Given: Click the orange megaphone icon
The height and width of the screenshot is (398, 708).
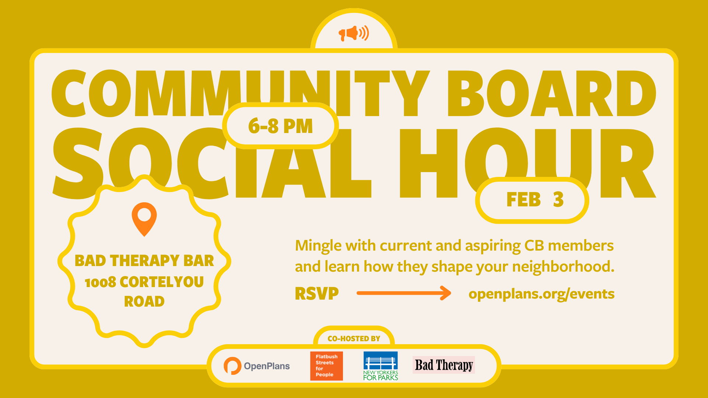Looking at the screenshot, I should (354, 33).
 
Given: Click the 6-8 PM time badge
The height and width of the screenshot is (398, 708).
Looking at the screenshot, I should (280, 126).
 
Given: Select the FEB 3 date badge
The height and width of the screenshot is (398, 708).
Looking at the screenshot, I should (532, 200).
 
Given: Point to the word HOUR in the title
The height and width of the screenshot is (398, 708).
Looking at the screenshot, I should (527, 162).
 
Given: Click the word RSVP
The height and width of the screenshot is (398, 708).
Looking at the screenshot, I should (317, 294).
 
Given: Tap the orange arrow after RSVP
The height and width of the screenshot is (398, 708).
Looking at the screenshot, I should (404, 293).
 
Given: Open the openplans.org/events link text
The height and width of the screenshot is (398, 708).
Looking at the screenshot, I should (541, 294).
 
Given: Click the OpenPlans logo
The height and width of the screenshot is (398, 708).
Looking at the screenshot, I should (257, 366).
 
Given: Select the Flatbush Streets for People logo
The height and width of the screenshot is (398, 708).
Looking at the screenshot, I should (326, 366).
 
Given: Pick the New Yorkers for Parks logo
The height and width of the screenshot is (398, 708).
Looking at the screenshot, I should (381, 366).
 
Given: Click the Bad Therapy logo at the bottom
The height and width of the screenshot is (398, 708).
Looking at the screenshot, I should (444, 365).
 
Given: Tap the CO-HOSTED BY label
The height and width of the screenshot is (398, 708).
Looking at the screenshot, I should (354, 338).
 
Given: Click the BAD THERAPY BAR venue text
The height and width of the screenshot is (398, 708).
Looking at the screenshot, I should (144, 261).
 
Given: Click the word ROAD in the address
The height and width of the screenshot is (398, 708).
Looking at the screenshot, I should (144, 301).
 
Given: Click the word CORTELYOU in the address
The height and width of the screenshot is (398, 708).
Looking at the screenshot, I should (162, 282).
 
